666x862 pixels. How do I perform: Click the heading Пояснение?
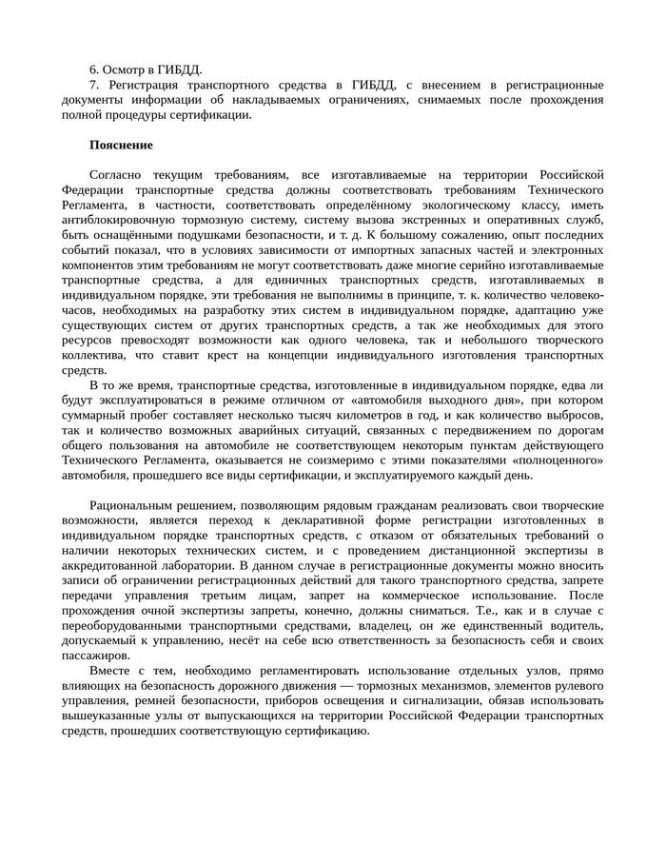(x=121, y=145)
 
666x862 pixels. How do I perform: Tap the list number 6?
(x=94, y=69)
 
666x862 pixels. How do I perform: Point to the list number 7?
(x=94, y=85)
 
